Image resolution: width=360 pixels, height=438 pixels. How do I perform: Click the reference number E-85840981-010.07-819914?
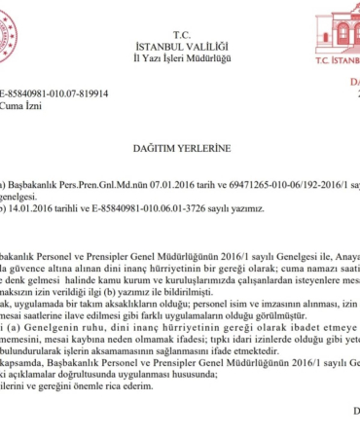point(54,93)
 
